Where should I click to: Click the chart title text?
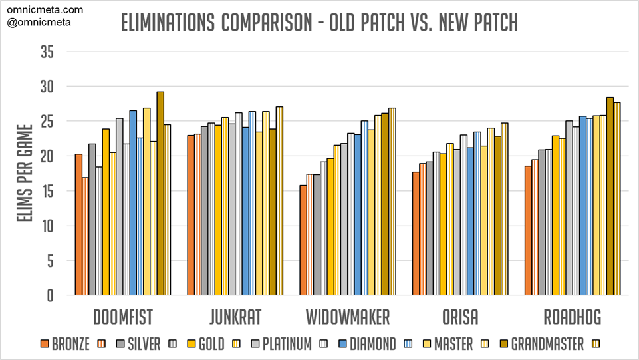(x=319, y=23)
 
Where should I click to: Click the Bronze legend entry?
(x=65, y=344)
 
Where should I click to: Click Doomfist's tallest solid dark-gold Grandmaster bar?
(x=160, y=193)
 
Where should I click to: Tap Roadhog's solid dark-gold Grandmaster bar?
(x=610, y=196)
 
